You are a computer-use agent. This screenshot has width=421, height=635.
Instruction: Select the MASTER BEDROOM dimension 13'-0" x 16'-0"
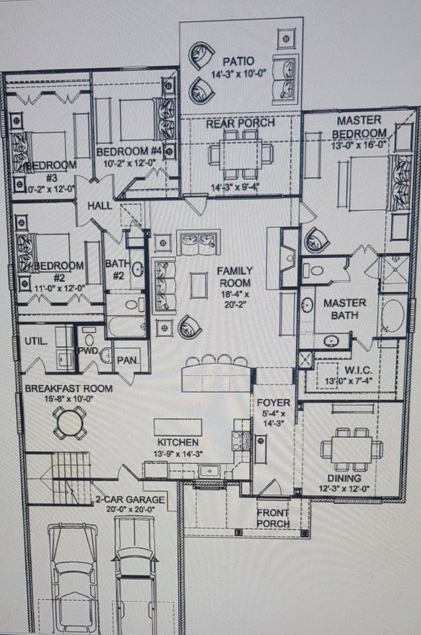click(x=358, y=145)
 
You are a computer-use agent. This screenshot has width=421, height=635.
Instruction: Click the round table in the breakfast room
click(x=70, y=422)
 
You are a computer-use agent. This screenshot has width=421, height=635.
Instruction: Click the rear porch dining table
click(x=240, y=153)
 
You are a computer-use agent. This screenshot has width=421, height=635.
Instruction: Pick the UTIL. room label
click(x=35, y=341)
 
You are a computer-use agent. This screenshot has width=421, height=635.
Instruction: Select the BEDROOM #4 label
click(x=129, y=151)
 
